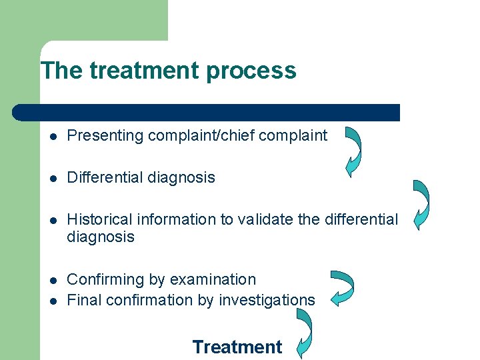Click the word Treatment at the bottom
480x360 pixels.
click(x=237, y=347)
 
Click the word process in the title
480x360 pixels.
click(x=257, y=70)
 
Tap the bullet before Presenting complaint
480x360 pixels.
click(x=53, y=136)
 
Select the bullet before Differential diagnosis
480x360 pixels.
click(x=53, y=178)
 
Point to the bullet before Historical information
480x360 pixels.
click(x=53, y=220)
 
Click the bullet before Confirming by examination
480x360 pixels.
click(x=53, y=280)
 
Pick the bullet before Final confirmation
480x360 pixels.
click(x=53, y=301)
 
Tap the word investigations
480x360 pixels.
click(x=272, y=300)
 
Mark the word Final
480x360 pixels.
click(x=85, y=300)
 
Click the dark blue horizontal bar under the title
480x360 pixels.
click(x=207, y=113)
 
